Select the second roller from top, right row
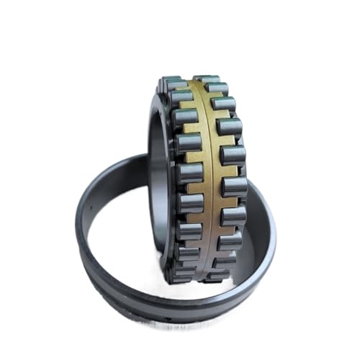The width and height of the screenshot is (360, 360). pos(217,90)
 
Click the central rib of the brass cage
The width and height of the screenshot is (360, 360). pos(202,180)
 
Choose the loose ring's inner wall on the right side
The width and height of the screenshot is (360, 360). pos(259,230)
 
